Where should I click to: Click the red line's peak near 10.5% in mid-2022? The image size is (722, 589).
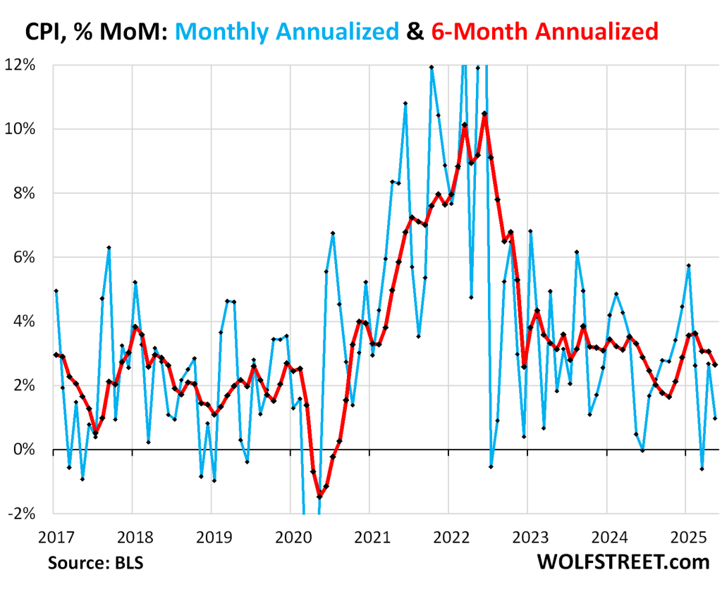coord(484,113)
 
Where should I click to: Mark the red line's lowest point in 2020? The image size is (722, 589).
coord(319,497)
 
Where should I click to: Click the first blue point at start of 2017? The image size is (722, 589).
coord(56,290)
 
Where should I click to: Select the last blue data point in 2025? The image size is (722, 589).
coord(715,418)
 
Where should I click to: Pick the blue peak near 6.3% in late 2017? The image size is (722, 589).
coord(109,247)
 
